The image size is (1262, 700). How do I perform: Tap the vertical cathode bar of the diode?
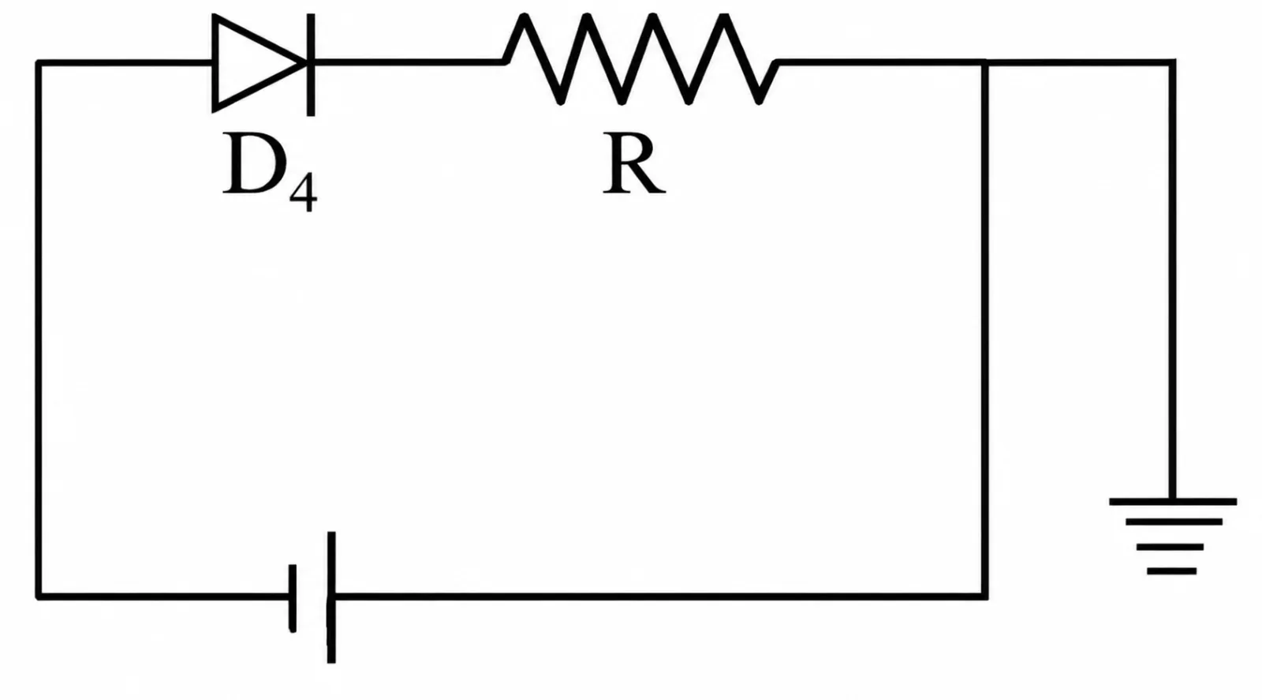311,65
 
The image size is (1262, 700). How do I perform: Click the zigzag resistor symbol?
641,59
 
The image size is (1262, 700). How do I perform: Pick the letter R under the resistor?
634,163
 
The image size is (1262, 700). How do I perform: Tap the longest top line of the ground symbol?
1173,501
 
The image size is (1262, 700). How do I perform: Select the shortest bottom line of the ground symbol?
1172,571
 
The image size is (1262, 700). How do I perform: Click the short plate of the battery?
293,598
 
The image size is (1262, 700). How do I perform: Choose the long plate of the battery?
331,597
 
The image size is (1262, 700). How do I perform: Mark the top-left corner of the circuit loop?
39,62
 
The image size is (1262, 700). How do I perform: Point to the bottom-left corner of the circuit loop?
39,597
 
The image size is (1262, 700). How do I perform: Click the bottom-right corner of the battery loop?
984,597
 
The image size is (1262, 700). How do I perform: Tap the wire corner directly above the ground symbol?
1172,62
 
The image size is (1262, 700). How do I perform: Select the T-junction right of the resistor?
984,62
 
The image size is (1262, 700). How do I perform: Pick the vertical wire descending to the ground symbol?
1172,280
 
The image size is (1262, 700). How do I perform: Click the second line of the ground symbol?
1174,522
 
